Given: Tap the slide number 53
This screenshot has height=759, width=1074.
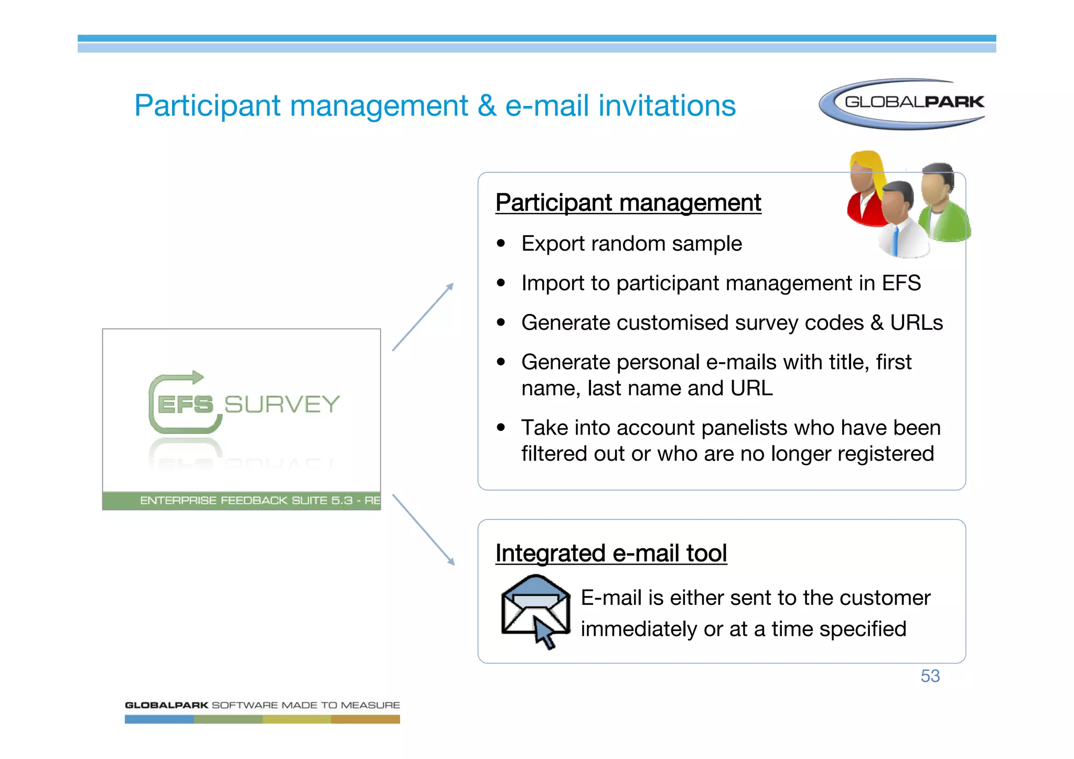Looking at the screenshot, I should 930,676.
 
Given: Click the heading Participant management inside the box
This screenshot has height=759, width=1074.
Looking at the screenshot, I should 628,203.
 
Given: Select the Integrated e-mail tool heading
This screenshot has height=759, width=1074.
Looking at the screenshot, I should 611,554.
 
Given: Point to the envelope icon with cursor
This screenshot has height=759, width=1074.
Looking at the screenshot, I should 535,610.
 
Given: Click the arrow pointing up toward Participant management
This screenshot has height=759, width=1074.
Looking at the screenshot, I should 423,317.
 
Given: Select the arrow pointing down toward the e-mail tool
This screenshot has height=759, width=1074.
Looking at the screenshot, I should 423,529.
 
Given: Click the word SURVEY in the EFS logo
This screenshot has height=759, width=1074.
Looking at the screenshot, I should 282,405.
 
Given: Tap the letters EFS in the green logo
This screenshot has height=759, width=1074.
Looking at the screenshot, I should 185,405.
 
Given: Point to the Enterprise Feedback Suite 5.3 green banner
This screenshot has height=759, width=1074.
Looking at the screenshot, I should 242,501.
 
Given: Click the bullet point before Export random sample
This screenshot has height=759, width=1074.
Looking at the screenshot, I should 501,244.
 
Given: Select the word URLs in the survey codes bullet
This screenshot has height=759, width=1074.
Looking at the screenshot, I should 916,323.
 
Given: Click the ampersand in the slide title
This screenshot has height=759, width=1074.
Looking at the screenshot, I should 487,106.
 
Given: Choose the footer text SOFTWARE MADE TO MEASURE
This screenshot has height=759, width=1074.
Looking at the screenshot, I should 306,705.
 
